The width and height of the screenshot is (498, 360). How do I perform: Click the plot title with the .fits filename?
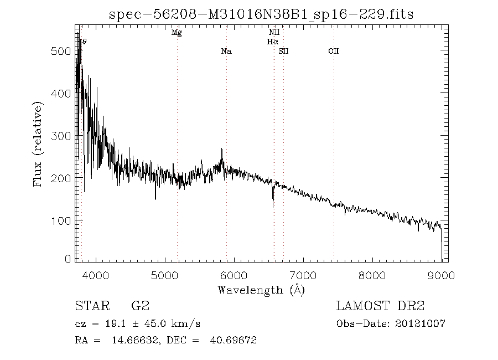pos(261,14)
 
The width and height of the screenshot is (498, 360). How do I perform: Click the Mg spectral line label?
pos(177,33)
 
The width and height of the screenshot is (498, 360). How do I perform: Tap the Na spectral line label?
pos(226,52)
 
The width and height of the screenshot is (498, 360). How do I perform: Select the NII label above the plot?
pos(274,33)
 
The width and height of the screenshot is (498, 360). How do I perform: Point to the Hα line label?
pos(272,42)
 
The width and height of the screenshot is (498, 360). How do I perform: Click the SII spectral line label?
pos(283,52)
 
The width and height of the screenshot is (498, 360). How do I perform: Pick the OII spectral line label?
pos(333,52)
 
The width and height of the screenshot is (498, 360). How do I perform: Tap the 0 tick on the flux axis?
pos(68,259)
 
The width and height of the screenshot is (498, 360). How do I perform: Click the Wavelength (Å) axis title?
pos(261,290)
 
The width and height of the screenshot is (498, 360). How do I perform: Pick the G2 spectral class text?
pos(140,306)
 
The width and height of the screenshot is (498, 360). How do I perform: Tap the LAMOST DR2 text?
pos(380,306)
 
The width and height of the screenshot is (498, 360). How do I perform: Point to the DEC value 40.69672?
pos(232,341)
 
